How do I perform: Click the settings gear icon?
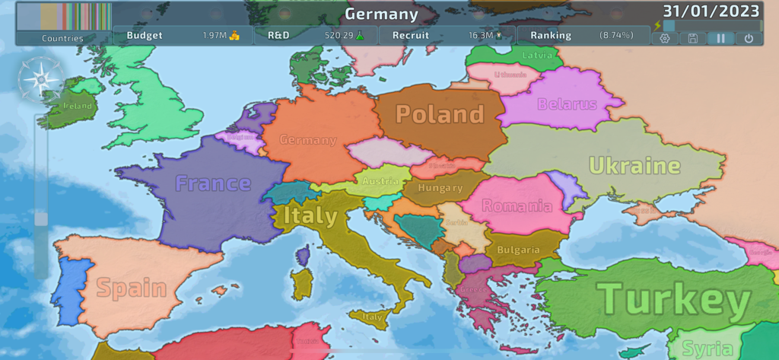pyautogui.click(x=665, y=38)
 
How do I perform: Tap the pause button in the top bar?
pyautogui.click(x=720, y=38)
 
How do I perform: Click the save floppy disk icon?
pyautogui.click(x=692, y=38)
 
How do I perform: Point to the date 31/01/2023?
pyautogui.click(x=711, y=11)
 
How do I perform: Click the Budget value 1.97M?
pyautogui.click(x=215, y=36)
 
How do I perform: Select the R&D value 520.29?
pyautogui.click(x=339, y=36)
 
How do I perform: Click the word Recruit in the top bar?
pyautogui.click(x=411, y=36)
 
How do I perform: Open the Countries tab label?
pyautogui.click(x=63, y=38)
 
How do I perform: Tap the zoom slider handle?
pyautogui.click(x=41, y=219)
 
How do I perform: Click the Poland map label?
pyautogui.click(x=440, y=114)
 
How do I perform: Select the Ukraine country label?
pyautogui.click(x=634, y=165)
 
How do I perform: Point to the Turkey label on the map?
pyautogui.click(x=673, y=299)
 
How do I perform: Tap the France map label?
pyautogui.click(x=213, y=183)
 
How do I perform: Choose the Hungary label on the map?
pyautogui.click(x=440, y=188)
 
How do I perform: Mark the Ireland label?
pyautogui.click(x=78, y=107)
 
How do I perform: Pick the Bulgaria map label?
pyautogui.click(x=518, y=250)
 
